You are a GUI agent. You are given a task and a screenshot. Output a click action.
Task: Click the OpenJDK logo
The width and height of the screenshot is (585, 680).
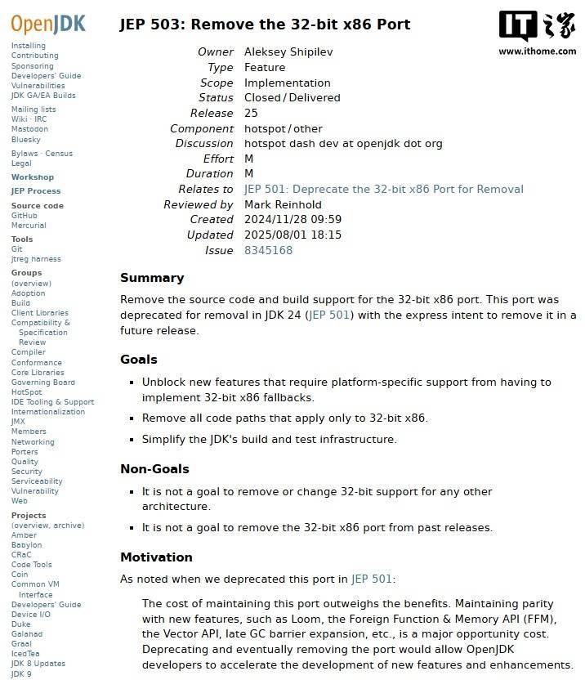click(x=48, y=22)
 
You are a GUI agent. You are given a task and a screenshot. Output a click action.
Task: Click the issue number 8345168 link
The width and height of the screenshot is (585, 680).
click(x=268, y=250)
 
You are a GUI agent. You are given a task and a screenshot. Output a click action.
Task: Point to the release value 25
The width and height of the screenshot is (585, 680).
click(x=251, y=113)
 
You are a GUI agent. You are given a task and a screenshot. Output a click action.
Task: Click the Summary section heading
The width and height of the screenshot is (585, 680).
click(x=152, y=278)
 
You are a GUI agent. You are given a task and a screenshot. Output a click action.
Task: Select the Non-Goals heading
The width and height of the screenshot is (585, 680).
click(x=154, y=469)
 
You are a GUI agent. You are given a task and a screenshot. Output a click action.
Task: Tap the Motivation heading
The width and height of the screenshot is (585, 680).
click(x=156, y=557)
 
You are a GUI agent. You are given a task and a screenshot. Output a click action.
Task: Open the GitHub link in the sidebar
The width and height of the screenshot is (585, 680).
click(x=25, y=216)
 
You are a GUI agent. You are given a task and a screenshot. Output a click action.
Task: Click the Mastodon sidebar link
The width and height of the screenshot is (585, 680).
click(x=29, y=129)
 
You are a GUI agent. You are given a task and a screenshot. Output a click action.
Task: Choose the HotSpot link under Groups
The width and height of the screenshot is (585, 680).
click(x=26, y=392)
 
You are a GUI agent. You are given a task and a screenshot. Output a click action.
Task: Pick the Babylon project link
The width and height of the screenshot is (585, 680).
click(x=27, y=545)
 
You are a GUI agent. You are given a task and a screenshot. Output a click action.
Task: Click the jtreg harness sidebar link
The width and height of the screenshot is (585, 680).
click(x=36, y=259)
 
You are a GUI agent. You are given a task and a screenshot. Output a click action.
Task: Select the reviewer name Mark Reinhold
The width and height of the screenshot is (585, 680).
click(x=283, y=204)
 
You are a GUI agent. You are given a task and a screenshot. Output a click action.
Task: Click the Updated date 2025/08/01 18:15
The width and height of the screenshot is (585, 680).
click(x=292, y=235)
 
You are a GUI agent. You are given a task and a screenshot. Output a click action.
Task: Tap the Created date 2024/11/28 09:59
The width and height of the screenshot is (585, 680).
click(x=292, y=219)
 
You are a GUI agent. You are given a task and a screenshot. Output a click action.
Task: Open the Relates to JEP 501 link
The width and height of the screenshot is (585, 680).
click(x=383, y=189)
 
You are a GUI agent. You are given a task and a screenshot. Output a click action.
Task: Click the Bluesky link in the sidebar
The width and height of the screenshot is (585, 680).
click(x=25, y=140)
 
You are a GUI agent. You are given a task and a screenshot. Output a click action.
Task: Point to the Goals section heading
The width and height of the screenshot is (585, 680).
click(x=139, y=360)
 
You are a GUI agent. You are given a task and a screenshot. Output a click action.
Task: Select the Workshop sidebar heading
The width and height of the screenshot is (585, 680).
click(x=33, y=177)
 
